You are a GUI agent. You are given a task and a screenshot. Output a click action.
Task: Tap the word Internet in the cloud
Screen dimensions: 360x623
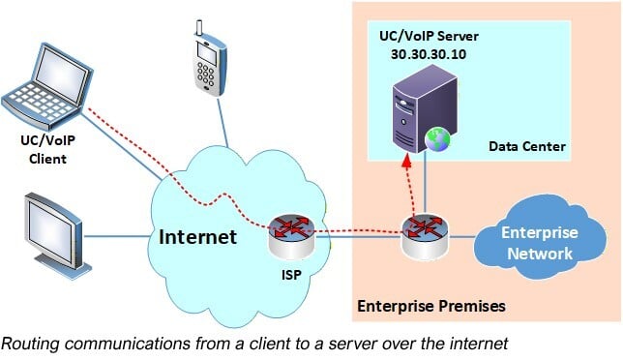[x=197, y=236]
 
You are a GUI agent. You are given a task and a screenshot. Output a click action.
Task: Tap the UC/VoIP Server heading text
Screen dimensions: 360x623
[x=424, y=38]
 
